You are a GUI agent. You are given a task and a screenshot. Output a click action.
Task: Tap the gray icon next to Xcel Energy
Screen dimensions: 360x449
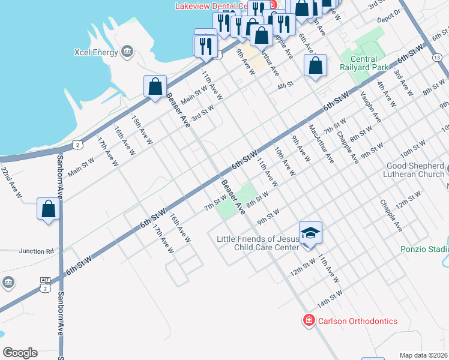[127, 52]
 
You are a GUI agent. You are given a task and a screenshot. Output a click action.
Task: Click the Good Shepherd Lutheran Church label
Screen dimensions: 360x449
[414, 170]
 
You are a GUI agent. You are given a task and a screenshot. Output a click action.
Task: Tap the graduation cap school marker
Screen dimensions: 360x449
[310, 232]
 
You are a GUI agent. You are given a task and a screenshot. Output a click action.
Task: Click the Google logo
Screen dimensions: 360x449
[20, 352]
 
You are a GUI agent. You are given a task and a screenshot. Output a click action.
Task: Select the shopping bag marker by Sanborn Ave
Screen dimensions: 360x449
[49, 209]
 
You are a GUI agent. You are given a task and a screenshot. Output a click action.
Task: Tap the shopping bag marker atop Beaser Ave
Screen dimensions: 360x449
[155, 86]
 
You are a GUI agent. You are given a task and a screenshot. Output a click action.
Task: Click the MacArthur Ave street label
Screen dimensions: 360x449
[321, 144]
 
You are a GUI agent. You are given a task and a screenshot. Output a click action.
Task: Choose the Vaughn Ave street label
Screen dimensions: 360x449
[370, 106]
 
